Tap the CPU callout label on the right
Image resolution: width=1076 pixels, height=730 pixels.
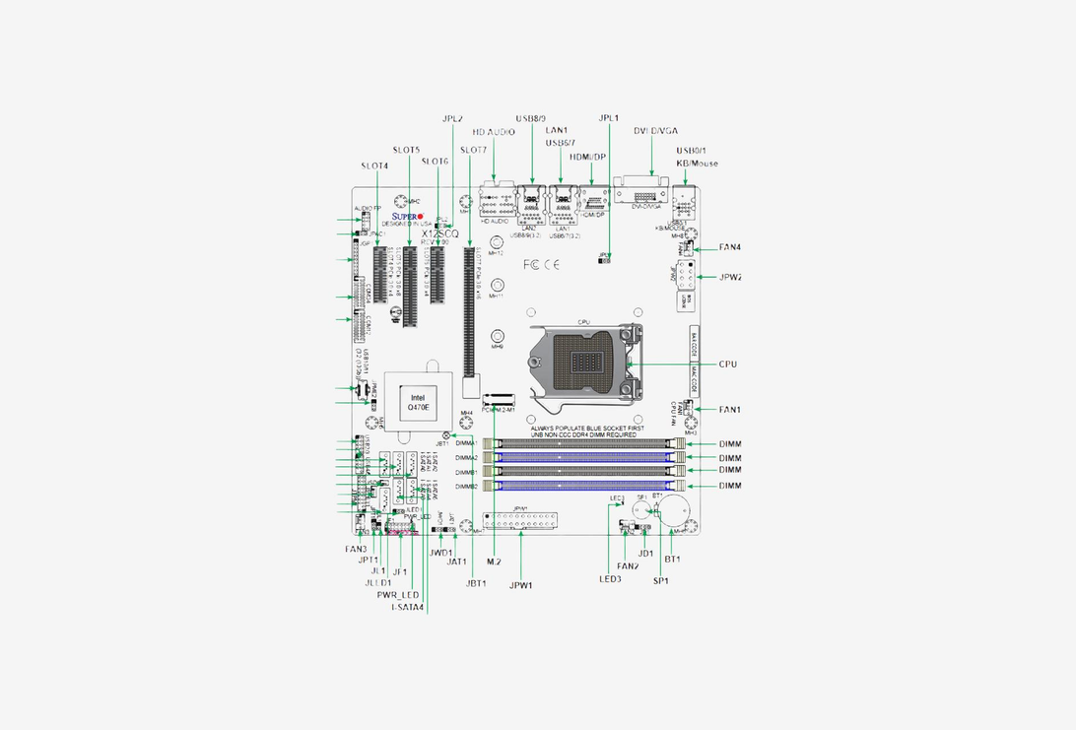pyautogui.click(x=728, y=365)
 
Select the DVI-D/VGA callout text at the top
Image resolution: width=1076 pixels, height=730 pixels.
pyautogui.click(x=655, y=131)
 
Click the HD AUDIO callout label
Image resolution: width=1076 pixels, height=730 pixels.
pyautogui.click(x=494, y=131)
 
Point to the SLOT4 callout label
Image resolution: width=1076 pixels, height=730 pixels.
pyautogui.click(x=374, y=166)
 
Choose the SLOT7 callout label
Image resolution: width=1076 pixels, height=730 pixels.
pyautogui.click(x=473, y=150)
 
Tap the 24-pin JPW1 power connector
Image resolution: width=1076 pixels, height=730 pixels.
pyautogui.click(x=520, y=521)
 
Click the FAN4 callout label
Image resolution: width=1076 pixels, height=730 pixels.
pyautogui.click(x=730, y=247)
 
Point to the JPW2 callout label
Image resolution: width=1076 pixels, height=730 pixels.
pyautogui.click(x=730, y=278)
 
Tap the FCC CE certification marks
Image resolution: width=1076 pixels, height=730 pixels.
pyautogui.click(x=543, y=264)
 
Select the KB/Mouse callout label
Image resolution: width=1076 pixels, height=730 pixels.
pyautogui.click(x=697, y=164)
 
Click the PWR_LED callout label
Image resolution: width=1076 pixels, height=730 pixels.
pyautogui.click(x=398, y=595)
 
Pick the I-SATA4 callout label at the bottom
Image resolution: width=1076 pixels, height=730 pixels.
pyautogui.click(x=407, y=607)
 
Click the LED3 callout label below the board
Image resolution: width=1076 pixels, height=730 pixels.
pyautogui.click(x=610, y=579)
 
